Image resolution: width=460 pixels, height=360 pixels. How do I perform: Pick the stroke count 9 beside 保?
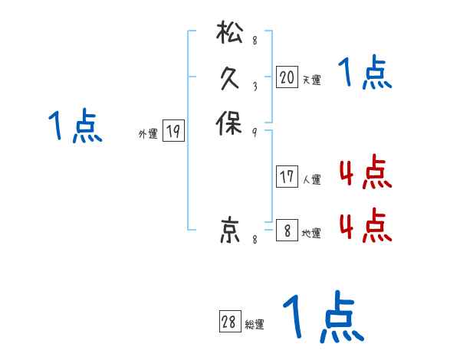[x=254, y=132]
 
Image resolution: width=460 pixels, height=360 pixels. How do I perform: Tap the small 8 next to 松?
[x=254, y=41]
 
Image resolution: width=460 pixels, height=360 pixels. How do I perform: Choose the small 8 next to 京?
[x=254, y=241]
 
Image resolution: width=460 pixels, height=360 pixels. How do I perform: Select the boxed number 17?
[x=287, y=177]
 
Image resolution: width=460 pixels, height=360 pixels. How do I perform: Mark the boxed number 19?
[x=173, y=132]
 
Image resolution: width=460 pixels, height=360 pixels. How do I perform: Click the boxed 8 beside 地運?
[x=287, y=231]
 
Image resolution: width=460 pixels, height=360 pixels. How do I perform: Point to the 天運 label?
[x=311, y=80]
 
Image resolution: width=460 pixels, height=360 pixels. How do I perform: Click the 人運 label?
[x=311, y=180]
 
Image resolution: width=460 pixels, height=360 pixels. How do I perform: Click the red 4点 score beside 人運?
[x=365, y=174]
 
